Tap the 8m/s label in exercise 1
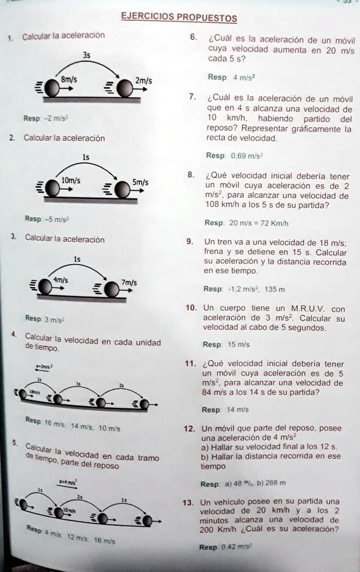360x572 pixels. point(69,79)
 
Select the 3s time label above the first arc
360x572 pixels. point(86,55)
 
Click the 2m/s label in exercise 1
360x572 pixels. point(143,81)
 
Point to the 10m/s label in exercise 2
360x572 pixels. point(71,180)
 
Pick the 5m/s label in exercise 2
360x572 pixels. point(140,182)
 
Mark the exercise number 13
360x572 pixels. point(190,501)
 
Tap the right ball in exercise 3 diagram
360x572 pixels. point(112,289)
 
